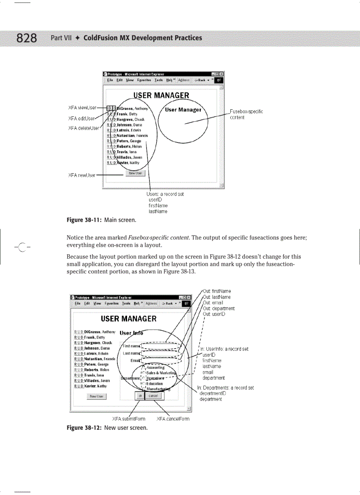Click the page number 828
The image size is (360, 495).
(26, 38)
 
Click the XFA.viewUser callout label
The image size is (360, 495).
(82, 108)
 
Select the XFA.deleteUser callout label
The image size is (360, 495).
(84, 128)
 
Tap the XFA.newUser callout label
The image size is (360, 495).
(82, 175)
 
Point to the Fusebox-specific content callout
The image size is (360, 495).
(246, 115)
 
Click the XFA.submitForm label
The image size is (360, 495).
(129, 419)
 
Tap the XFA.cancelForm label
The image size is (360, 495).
(173, 419)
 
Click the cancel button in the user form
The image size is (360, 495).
(153, 396)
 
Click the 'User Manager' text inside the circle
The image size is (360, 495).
(183, 110)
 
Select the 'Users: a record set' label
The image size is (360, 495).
(165, 194)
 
